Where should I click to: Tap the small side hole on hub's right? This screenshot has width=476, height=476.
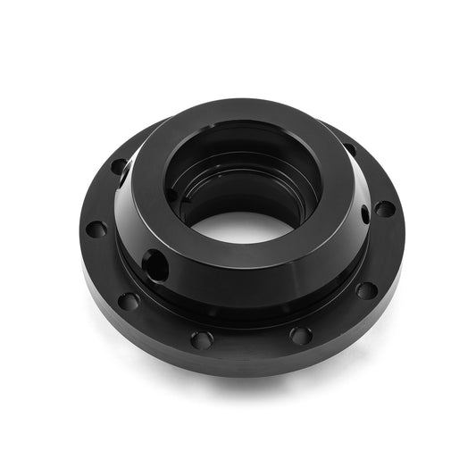364,214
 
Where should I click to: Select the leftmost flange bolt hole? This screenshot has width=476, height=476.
96,230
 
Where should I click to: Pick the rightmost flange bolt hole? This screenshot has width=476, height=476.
384,208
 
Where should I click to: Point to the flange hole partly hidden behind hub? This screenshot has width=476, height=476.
119,166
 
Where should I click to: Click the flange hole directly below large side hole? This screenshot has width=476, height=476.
129,301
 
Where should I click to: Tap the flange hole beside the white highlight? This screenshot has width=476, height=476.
119,166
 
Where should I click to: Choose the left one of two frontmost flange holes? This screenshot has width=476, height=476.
202,339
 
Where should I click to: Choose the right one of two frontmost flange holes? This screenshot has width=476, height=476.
301,336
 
